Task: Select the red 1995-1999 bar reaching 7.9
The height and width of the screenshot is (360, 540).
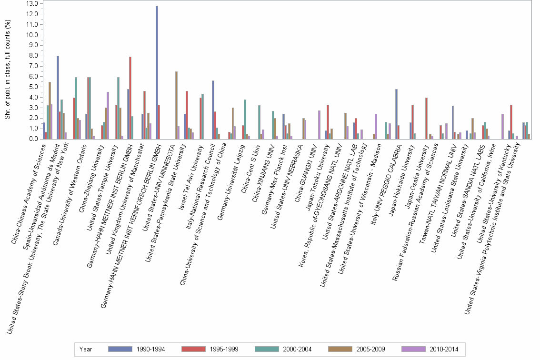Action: tap(130, 98)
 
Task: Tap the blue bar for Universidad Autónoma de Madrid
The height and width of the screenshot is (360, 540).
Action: tap(58, 97)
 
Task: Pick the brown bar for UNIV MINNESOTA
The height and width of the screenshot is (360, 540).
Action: tap(176, 105)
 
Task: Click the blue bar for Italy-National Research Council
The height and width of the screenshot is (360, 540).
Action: tap(213, 110)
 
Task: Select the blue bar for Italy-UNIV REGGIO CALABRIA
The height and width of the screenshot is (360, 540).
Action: tap(396, 114)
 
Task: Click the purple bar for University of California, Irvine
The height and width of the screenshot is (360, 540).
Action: tap(502, 126)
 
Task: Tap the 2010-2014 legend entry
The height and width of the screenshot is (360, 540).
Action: tap(429, 349)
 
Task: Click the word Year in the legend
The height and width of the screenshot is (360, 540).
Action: tap(86, 349)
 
